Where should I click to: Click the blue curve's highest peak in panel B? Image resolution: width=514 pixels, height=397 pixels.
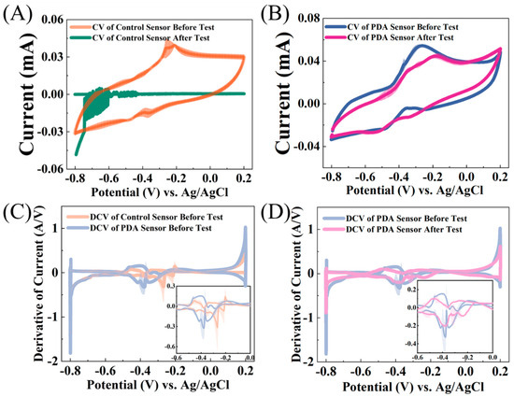pyautogui.click(x=422, y=45)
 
